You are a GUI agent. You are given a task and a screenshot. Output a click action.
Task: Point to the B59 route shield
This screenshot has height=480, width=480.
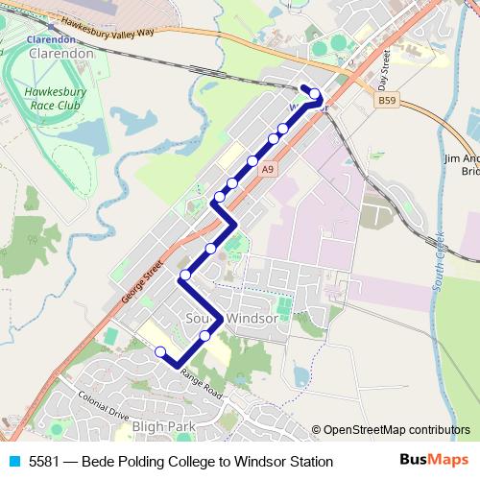pyautogui.click(x=387, y=100)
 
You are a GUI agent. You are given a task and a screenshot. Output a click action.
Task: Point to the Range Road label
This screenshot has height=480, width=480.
pyautogui.click(x=199, y=388)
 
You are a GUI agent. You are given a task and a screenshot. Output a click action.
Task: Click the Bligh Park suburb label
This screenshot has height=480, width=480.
pyautogui.click(x=165, y=425)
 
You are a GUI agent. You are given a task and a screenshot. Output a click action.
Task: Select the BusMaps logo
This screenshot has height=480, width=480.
pyautogui.click(x=434, y=461)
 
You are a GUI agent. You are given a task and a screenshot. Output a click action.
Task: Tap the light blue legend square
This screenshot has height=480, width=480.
pyautogui.click(x=13, y=462)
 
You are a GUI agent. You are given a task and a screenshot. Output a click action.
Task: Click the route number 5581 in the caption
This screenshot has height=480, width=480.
pyautogui.click(x=44, y=462)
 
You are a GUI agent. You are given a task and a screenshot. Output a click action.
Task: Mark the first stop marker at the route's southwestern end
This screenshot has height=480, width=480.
pyautogui.click(x=160, y=351)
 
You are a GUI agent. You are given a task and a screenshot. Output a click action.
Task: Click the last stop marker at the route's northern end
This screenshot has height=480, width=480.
pyautogui.click(x=314, y=94)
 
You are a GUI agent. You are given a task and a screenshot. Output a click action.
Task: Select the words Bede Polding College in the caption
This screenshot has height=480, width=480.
pyautogui.click(x=149, y=462)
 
